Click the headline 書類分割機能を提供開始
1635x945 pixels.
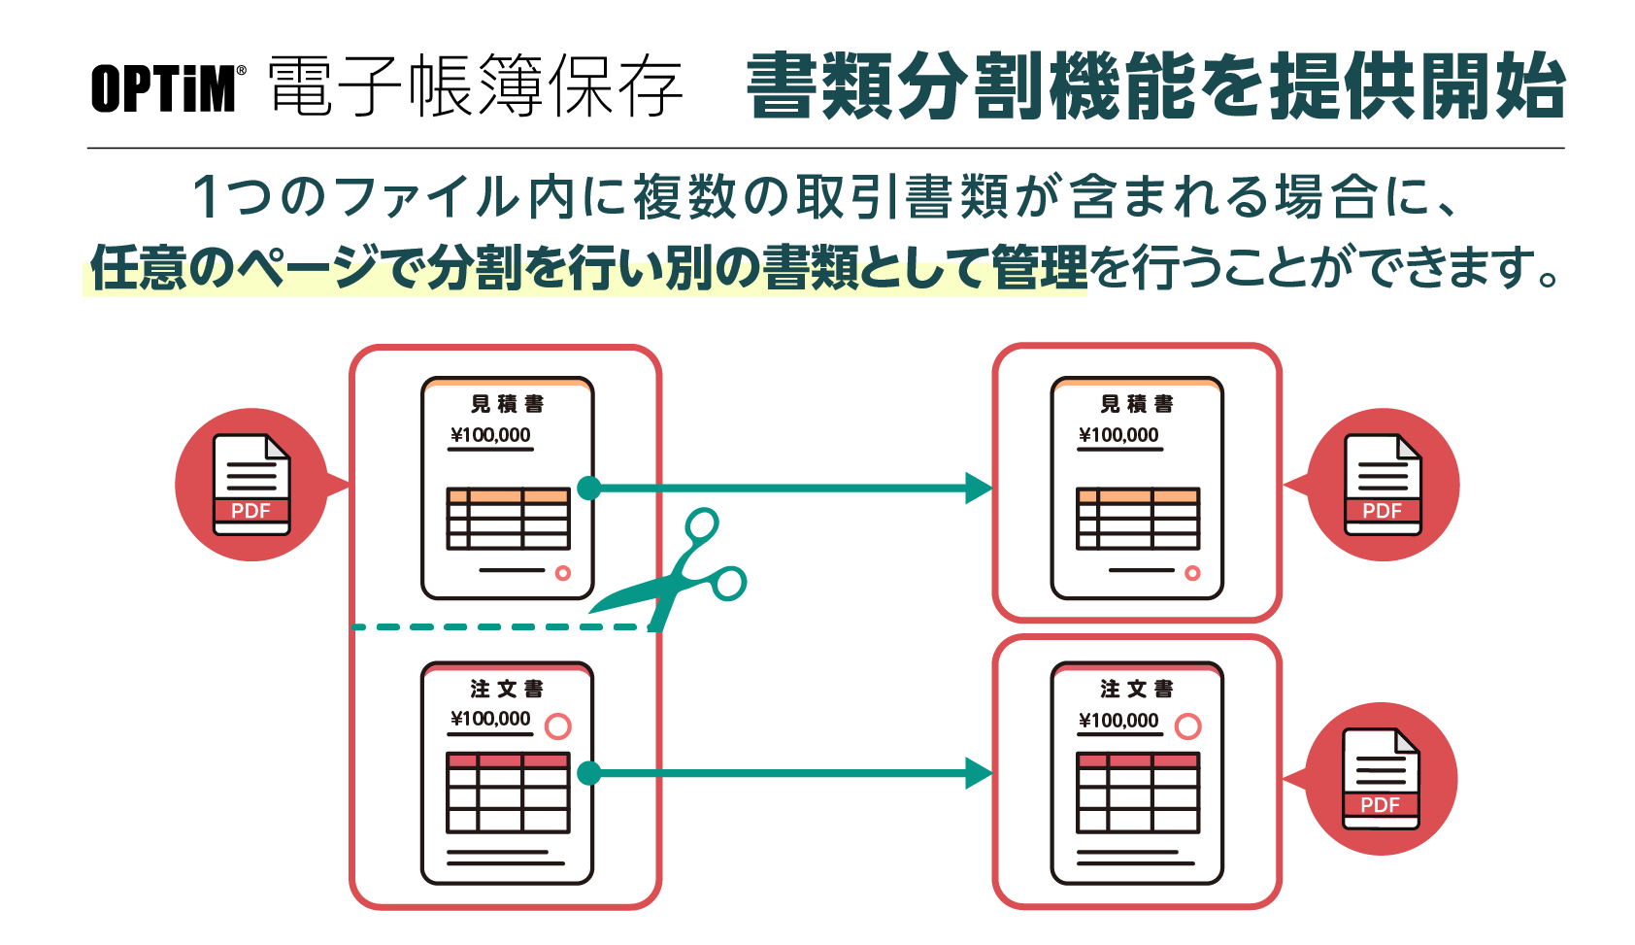1155,86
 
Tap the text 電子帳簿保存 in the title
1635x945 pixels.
476,86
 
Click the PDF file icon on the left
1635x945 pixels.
251,485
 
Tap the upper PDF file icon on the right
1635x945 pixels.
1383,485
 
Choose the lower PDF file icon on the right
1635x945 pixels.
1381,779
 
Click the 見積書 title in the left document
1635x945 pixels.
507,404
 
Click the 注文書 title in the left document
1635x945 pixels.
507,689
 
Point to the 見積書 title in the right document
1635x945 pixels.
1137,404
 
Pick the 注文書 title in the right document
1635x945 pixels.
1137,689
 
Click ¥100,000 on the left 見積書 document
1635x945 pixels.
490,435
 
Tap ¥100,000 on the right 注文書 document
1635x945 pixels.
1119,721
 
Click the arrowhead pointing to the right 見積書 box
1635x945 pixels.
979,488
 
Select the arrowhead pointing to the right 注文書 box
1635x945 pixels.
979,773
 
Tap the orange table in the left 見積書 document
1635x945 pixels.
508,519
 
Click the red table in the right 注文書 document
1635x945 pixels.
1138,793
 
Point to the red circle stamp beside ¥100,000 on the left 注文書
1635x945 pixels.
558,726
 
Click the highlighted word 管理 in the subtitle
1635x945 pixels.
1039,267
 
